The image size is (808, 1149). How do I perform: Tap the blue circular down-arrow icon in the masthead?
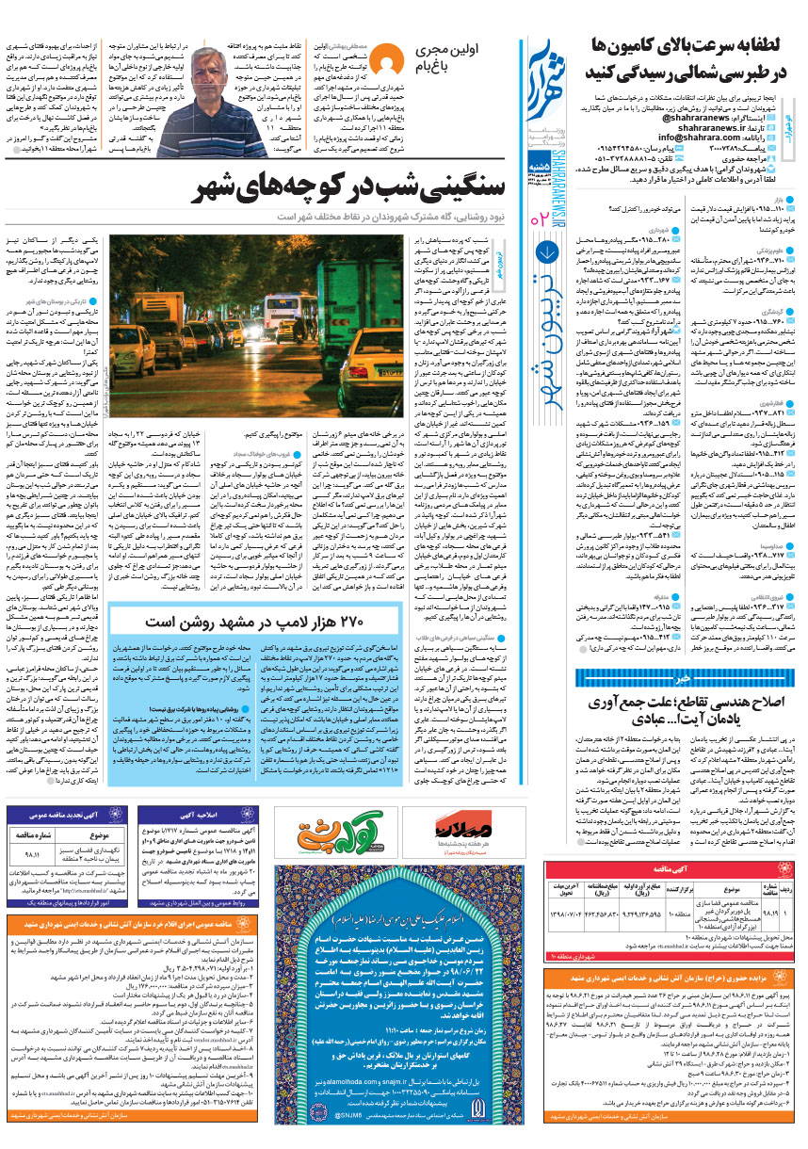pos(550,251)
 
